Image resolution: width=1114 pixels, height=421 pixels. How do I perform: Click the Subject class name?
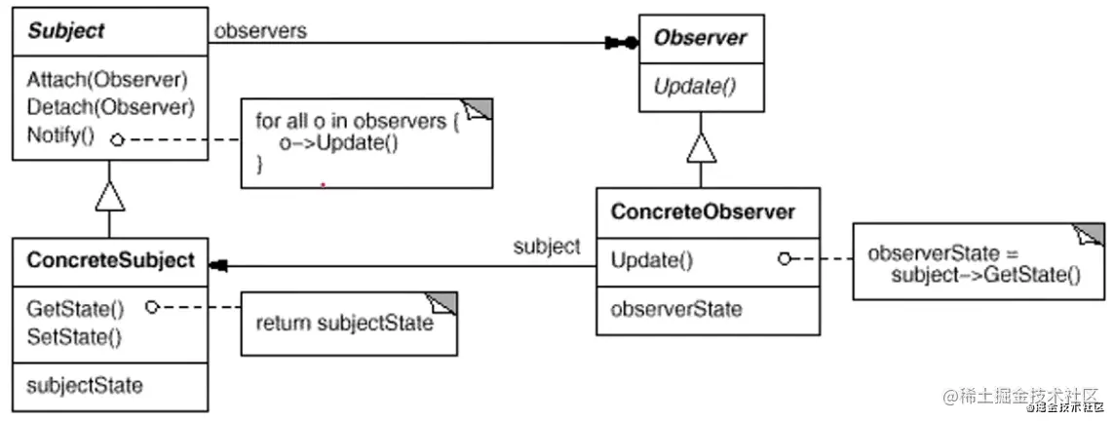(66, 31)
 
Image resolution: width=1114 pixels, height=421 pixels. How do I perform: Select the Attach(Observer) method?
(107, 79)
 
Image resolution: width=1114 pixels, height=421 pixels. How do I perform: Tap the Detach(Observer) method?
(110, 106)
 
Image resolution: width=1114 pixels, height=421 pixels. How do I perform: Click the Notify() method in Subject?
(60, 134)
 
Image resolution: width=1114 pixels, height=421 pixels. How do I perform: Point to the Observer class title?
(700, 38)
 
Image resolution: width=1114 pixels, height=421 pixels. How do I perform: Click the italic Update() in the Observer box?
(694, 86)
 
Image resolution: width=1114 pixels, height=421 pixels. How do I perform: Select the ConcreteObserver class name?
(702, 211)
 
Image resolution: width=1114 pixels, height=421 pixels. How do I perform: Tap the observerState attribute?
(675, 310)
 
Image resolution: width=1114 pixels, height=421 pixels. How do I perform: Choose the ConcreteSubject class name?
(110, 260)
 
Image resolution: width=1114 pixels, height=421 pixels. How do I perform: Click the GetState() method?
(76, 310)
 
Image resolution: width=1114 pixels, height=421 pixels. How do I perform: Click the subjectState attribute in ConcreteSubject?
(85, 386)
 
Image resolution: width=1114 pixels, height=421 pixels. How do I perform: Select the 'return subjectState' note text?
(343, 324)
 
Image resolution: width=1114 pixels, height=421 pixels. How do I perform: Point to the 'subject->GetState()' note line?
(985, 275)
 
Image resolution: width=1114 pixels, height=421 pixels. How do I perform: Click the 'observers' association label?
(260, 30)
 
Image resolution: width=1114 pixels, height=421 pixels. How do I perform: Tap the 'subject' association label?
(546, 247)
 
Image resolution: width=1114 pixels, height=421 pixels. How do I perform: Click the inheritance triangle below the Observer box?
(701, 148)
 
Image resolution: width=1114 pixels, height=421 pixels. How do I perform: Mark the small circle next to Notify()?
(118, 139)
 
